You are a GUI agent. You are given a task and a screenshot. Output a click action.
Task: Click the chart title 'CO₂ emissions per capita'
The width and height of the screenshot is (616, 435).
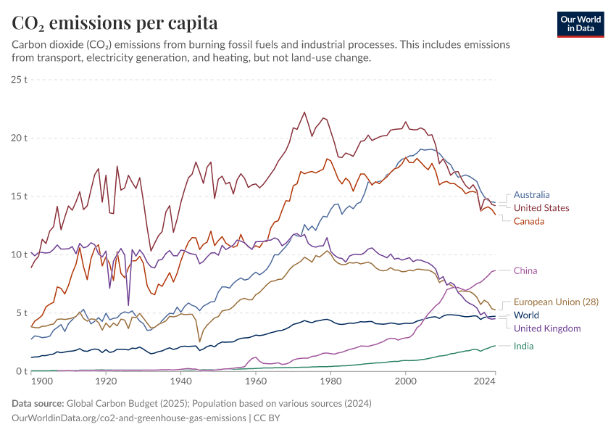tap(115, 22)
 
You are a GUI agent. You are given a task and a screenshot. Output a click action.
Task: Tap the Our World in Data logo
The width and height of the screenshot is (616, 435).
tap(580, 24)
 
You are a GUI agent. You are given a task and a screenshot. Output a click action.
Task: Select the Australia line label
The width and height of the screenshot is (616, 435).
tap(531, 194)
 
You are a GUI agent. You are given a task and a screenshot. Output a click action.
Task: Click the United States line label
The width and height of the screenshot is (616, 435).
tap(541, 207)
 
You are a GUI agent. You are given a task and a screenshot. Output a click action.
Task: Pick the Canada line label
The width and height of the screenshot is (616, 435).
tap(529, 220)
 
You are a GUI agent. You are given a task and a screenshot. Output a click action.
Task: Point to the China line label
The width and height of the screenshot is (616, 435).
tap(525, 270)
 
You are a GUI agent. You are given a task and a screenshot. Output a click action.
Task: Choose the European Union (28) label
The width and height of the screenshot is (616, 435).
tap(556, 302)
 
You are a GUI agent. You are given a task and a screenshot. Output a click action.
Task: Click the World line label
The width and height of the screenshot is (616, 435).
tap(526, 315)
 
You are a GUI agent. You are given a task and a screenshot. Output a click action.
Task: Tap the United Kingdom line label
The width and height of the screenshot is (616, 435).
tap(547, 328)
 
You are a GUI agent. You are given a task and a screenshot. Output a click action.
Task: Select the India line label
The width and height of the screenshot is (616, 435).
tap(523, 346)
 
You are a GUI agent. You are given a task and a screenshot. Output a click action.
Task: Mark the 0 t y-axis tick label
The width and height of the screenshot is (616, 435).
tap(22, 371)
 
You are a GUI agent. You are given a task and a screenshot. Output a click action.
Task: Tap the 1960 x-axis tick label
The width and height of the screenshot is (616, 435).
tap(256, 381)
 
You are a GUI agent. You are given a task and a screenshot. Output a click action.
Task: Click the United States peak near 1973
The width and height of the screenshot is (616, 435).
tap(304, 112)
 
